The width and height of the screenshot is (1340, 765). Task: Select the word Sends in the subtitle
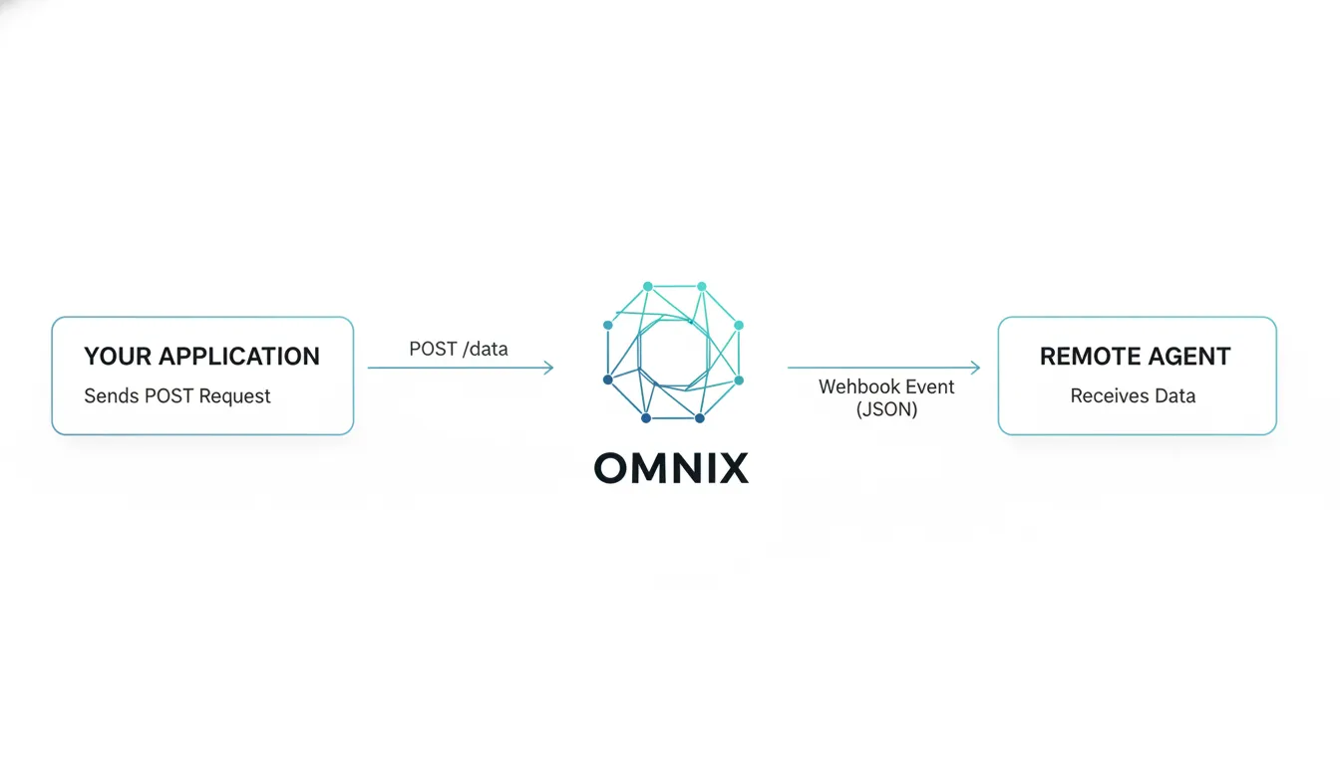pos(111,395)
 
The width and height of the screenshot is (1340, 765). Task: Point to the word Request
pos(234,395)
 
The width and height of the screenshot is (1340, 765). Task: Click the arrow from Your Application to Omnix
pos(460,368)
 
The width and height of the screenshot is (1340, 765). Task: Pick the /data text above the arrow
pos(485,349)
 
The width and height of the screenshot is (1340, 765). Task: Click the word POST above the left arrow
pos(433,349)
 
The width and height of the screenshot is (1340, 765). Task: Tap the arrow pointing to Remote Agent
pos(883,368)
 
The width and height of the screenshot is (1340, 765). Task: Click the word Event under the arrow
pos(928,386)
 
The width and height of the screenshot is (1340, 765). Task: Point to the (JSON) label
pos(886,408)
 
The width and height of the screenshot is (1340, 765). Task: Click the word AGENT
pos(1192,357)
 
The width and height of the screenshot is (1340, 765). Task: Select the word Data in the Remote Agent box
pos(1174,395)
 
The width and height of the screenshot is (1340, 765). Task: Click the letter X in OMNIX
pos(731,467)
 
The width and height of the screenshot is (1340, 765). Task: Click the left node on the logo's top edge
pos(648,287)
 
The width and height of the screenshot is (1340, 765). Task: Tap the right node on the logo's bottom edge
pos(699,418)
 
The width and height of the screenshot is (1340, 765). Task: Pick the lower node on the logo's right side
pos(739,380)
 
